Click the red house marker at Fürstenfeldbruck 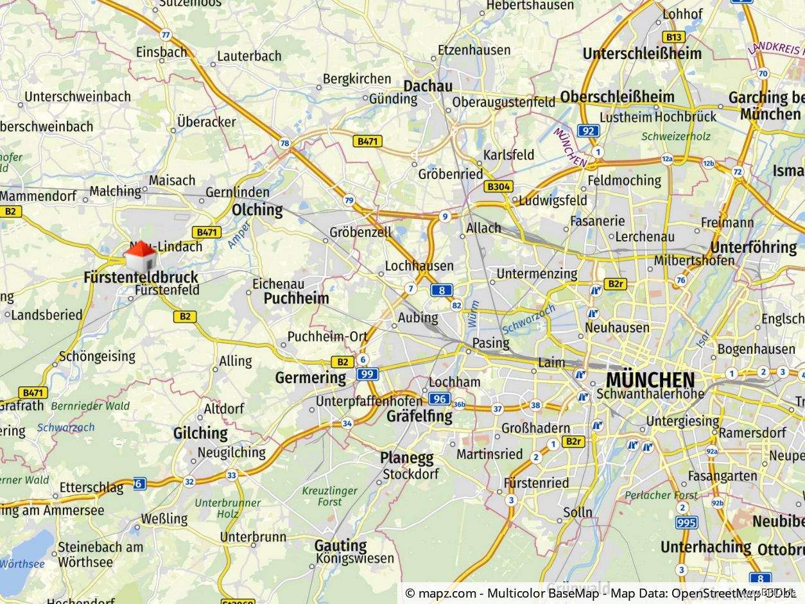click(141, 258)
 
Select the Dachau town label click(428, 86)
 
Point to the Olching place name click(257, 210)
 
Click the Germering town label click(311, 377)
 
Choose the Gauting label click(340, 545)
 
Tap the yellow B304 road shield click(498, 187)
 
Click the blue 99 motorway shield click(367, 374)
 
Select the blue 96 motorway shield click(439, 399)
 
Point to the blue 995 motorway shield click(686, 522)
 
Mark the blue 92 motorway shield click(588, 131)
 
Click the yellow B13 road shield click(675, 37)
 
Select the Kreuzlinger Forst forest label click(330, 496)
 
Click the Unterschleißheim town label click(642, 54)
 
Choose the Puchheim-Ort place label click(327, 336)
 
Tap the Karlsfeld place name click(508, 155)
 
